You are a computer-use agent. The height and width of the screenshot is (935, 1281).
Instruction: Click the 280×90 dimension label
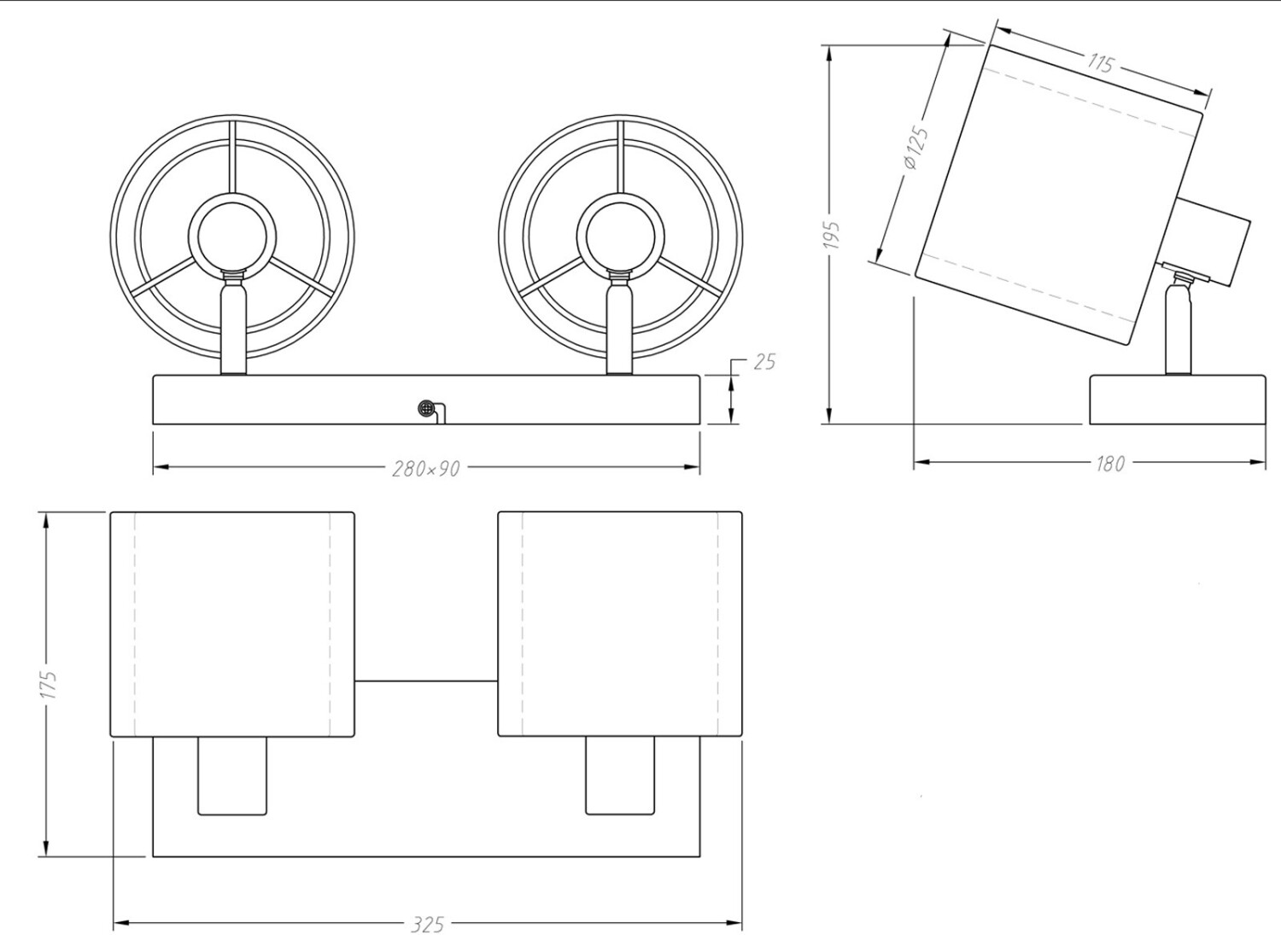click(425, 468)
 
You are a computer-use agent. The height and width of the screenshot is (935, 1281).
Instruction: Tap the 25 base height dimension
click(764, 362)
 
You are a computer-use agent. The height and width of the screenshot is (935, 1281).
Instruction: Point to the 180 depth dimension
click(1109, 464)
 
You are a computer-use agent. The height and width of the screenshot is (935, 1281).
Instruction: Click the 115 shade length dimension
click(1100, 62)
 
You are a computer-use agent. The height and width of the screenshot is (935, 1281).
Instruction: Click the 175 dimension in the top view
click(49, 684)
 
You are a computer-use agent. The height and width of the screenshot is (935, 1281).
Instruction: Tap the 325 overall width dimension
click(427, 924)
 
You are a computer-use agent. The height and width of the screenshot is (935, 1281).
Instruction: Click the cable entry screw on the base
click(425, 408)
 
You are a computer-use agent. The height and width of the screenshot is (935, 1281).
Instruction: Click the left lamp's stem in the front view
click(233, 329)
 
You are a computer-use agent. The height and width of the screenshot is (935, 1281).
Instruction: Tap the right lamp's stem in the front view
click(620, 329)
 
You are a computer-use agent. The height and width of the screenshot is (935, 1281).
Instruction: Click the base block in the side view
click(1177, 399)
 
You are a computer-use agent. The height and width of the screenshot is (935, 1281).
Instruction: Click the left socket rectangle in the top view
click(232, 775)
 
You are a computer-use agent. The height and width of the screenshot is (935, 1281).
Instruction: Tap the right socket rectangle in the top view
click(620, 775)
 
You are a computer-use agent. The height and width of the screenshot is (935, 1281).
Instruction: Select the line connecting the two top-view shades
click(426, 681)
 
